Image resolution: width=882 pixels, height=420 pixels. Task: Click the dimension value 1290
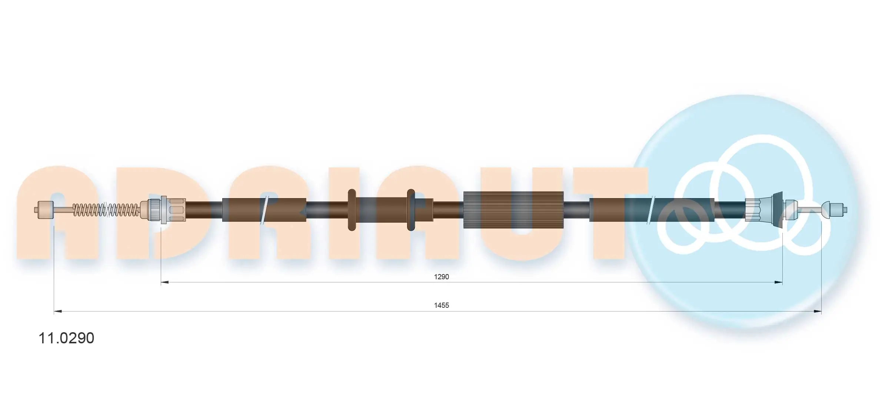coord(441,277)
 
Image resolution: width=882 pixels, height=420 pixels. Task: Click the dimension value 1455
coord(441,305)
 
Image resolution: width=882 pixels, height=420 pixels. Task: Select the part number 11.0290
coord(66,338)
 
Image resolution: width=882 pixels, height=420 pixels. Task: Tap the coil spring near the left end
coord(106,210)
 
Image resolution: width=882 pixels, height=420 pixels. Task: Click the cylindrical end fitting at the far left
coord(46,210)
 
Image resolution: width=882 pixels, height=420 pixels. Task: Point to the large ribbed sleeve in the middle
coord(513,210)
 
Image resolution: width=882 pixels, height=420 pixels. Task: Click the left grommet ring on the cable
coord(352,210)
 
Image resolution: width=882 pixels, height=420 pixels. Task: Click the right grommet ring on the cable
coord(410,210)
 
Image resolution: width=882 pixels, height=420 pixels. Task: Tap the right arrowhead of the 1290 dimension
coord(779,282)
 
